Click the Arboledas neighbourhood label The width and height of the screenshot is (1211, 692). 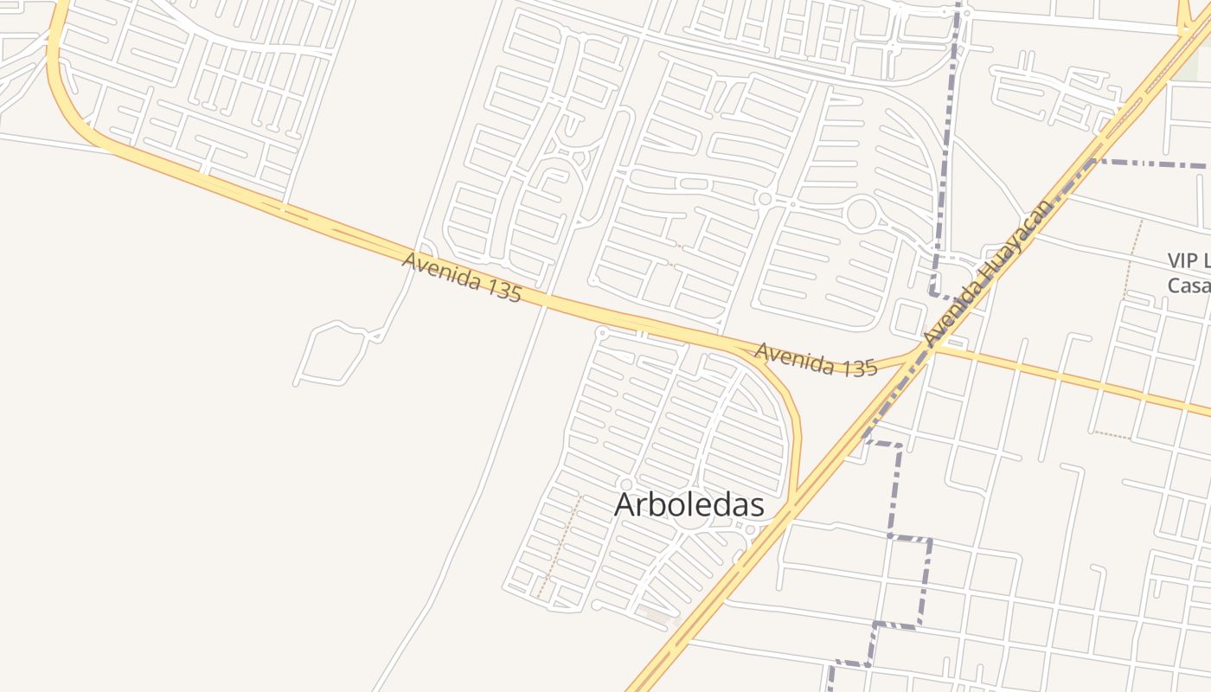click(x=689, y=505)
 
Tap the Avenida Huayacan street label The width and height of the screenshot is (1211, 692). click(x=989, y=273)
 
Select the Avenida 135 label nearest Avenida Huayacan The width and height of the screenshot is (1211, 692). click(x=816, y=359)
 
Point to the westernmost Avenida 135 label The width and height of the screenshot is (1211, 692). click(x=462, y=277)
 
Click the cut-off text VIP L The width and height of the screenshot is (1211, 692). click(x=1188, y=260)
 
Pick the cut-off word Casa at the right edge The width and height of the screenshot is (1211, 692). click(x=1188, y=285)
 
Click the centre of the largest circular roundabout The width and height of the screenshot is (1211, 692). click(x=862, y=213)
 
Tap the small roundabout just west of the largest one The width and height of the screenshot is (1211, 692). click(x=764, y=199)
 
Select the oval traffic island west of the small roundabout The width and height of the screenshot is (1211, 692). click(x=693, y=183)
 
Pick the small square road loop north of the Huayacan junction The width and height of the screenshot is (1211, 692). click(x=908, y=318)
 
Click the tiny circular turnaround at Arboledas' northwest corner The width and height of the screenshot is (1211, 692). click(x=603, y=332)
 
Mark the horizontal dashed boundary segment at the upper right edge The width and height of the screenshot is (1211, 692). click(x=1150, y=163)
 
